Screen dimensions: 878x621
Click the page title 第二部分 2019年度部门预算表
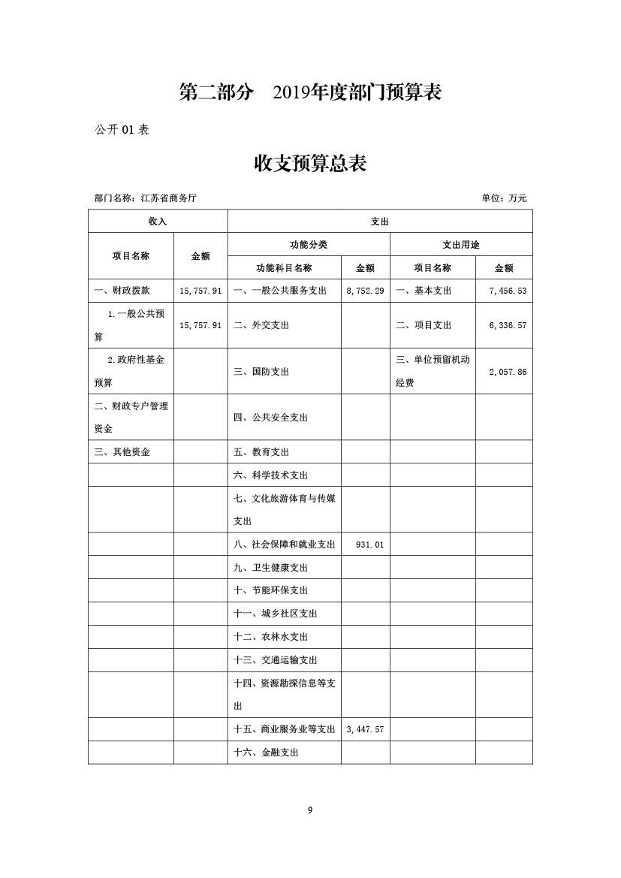310,92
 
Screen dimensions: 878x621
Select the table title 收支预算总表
310,163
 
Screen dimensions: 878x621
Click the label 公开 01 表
122,129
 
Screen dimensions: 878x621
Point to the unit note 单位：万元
504,198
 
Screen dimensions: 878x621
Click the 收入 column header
157,222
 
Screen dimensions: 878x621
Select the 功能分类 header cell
308,245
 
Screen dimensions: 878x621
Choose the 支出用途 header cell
460,245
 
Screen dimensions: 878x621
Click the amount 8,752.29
365,291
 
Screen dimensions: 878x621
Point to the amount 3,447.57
365,729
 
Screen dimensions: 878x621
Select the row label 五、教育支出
261,452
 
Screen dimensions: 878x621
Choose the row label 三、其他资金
122,452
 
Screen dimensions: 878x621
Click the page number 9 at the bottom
310,810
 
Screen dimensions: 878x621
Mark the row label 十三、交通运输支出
276,660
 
